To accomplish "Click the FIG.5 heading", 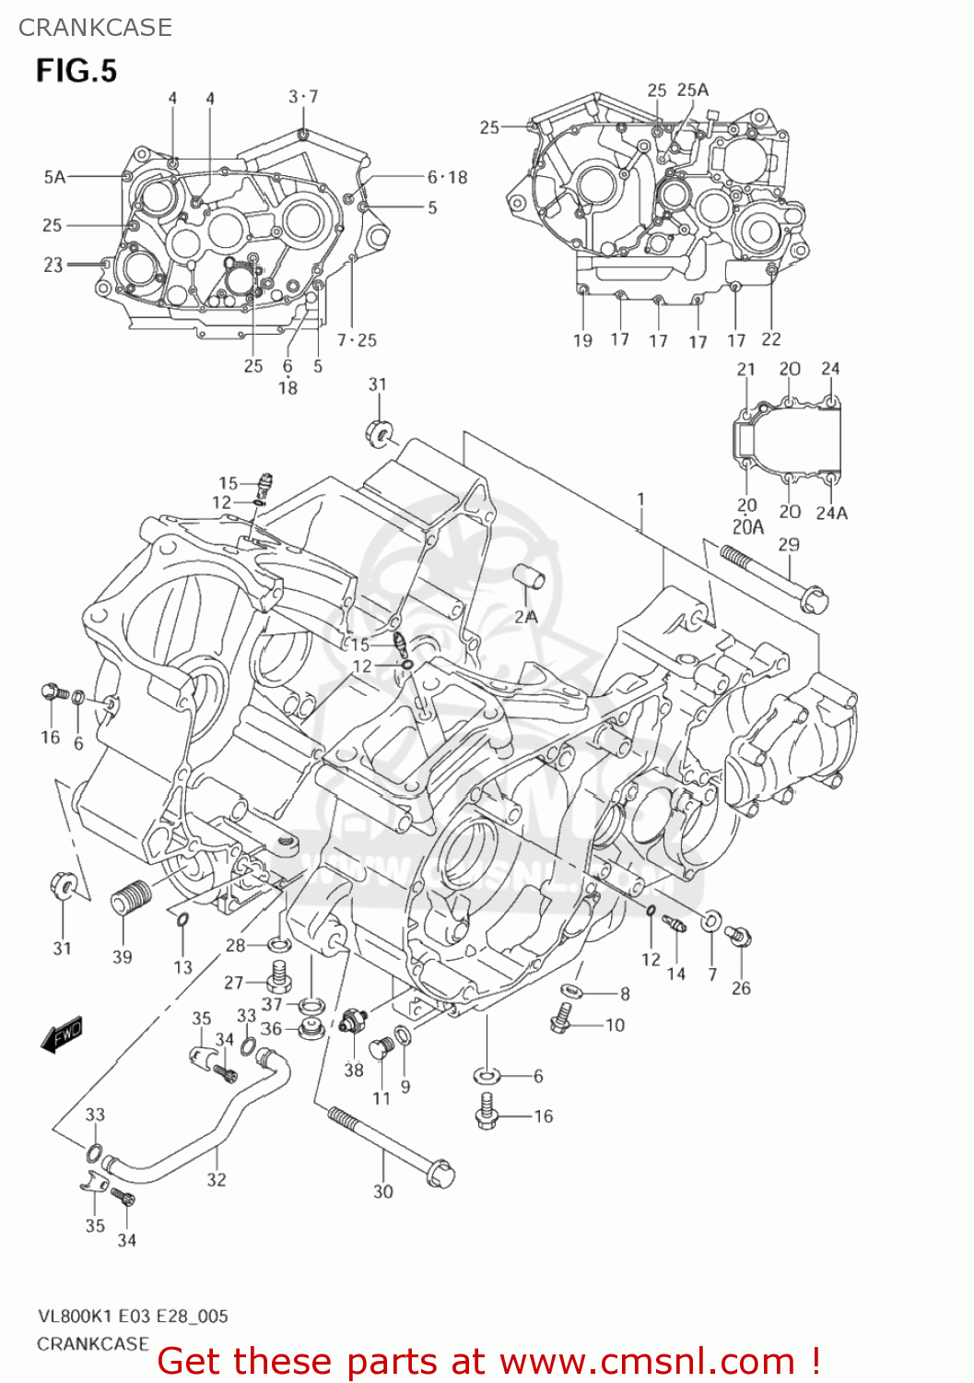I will pos(76,70).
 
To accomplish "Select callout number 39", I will pos(123,957).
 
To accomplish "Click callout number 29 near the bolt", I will pos(789,544).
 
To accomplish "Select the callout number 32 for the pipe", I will pos(217,1179).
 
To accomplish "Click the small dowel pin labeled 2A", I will pos(530,577).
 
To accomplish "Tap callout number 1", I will pos(640,500).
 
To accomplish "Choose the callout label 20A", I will pos(747,527).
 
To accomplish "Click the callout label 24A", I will pos(831,513).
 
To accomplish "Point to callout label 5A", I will pos(54,176).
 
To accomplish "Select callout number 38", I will pos(354,1070).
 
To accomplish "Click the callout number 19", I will pos(582,340).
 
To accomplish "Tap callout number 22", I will pos(771,339).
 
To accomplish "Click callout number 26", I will pos(741,988).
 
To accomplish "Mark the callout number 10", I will pos(615,1024).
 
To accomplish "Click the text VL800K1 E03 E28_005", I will pos(132,1316).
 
